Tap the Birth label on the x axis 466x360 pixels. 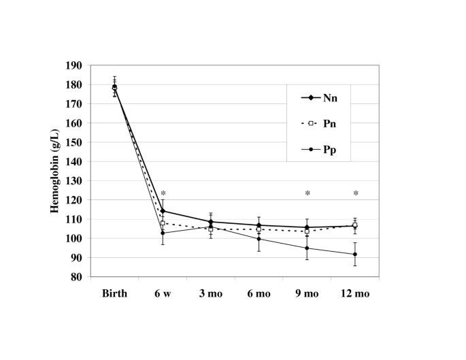[114, 293]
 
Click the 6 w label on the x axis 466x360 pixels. [163, 293]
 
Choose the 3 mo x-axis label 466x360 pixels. [211, 293]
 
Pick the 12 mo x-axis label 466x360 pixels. [355, 293]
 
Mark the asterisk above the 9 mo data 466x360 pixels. [307, 194]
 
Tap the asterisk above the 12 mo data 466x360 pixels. [355, 194]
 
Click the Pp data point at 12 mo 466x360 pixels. [355, 255]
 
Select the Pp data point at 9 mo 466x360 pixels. [307, 248]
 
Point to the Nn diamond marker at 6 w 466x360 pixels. [163, 211]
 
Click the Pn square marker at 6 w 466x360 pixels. [163, 223]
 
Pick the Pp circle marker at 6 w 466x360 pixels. [163, 233]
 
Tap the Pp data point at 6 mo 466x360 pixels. [259, 239]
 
